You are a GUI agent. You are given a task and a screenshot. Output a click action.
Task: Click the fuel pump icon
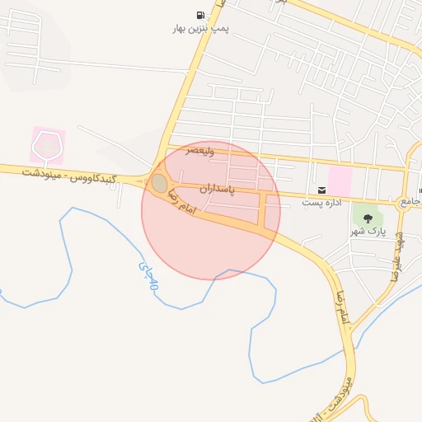point(201,15)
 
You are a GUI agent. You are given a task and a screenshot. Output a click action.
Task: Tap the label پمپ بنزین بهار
point(200,29)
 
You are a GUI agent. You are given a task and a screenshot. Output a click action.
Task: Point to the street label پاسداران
point(217,189)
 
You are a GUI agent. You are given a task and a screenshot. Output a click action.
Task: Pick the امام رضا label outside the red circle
point(340,306)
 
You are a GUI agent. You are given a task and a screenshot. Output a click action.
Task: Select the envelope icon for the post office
point(321,190)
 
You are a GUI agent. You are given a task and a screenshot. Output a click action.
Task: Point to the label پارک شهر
point(368,231)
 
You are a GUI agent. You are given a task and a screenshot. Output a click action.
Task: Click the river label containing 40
point(148,277)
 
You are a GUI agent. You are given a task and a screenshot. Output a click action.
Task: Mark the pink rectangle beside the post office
point(340,180)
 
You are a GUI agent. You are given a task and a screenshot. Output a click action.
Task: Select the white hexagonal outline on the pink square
point(47,145)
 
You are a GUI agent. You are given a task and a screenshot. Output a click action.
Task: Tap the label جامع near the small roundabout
point(410,201)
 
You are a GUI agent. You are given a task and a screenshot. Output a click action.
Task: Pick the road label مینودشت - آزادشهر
point(347,396)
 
